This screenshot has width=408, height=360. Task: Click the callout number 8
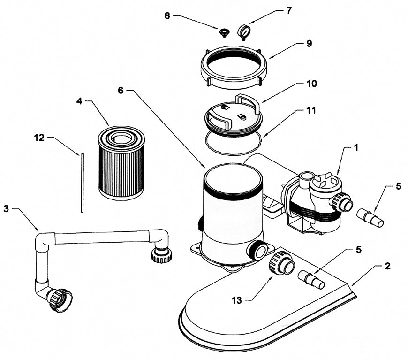click(x=167, y=15)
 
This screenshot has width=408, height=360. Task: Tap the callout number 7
click(x=289, y=11)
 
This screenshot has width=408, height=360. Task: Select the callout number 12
click(x=39, y=138)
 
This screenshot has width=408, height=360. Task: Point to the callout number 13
click(x=237, y=300)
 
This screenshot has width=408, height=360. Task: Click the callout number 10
click(x=311, y=84)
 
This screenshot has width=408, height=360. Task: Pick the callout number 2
click(x=387, y=266)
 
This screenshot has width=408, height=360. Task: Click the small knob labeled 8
click(x=223, y=33)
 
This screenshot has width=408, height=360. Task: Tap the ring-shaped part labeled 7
click(x=244, y=32)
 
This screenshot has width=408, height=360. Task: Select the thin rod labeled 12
click(x=82, y=183)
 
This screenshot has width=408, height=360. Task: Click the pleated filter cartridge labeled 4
click(x=121, y=163)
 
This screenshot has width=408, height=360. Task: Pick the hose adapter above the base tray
click(x=311, y=280)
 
